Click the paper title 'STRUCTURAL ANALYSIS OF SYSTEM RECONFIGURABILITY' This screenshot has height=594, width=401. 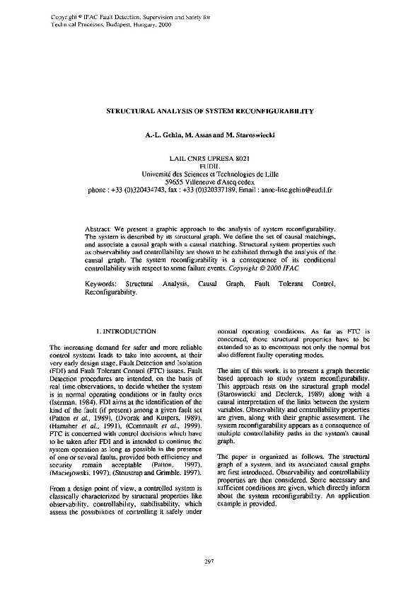click(200, 112)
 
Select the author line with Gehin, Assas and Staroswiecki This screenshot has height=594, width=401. click(200, 134)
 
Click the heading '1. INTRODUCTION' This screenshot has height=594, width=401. click(125, 331)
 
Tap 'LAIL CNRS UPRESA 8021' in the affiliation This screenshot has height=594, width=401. click(200, 155)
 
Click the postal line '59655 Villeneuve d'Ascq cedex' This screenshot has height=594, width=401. click(200, 183)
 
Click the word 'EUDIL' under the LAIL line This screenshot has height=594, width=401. click(200, 164)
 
